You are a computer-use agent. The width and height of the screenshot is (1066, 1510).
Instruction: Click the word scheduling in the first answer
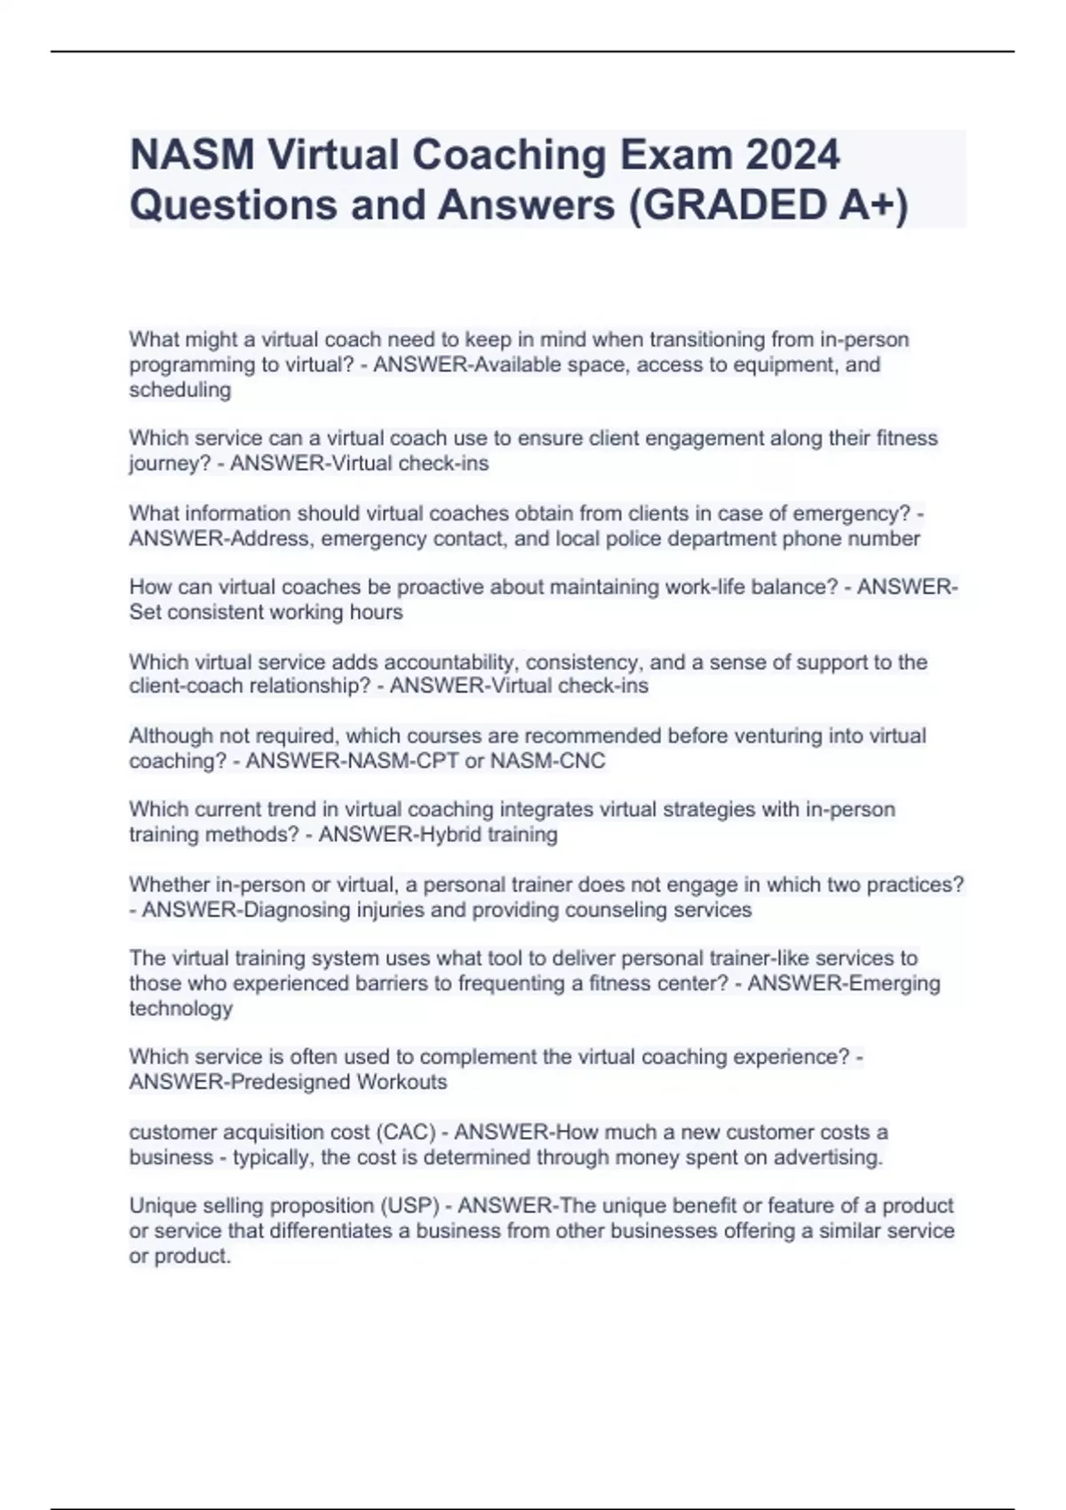(x=179, y=390)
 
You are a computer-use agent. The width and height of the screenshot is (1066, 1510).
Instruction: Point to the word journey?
(x=169, y=464)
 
